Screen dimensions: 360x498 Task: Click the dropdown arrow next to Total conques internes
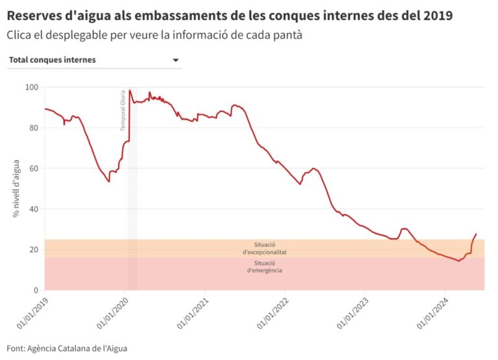[175, 60]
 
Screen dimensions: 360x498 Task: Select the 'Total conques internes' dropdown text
[53, 60]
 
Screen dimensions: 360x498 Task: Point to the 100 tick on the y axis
[30, 87]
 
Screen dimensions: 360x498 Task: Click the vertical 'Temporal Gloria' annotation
[123, 111]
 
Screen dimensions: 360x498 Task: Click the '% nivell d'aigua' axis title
[17, 188]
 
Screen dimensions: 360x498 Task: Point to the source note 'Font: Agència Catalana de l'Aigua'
[67, 348]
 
